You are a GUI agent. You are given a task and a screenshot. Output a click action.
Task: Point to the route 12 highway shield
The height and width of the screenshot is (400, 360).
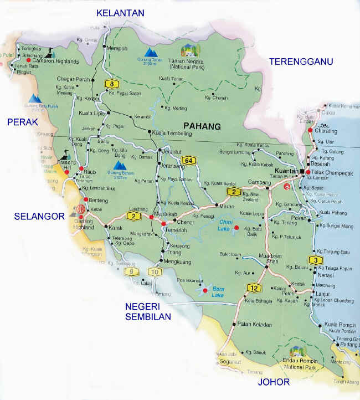(254, 288)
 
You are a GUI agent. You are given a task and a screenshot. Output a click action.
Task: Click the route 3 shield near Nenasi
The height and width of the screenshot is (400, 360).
(315, 260)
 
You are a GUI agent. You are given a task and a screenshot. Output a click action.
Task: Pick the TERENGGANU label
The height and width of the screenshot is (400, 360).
(300, 62)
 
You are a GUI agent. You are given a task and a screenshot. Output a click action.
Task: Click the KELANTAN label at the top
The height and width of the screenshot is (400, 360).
(120, 13)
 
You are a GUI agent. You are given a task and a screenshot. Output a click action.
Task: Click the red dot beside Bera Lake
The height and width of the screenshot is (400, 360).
(205, 290)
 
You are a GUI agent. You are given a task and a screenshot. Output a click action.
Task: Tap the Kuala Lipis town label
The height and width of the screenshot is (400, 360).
(92, 113)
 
